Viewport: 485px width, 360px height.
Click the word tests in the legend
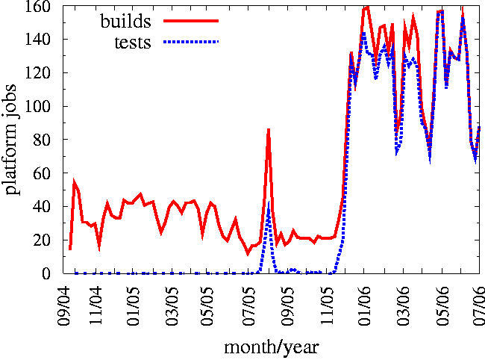click(132, 42)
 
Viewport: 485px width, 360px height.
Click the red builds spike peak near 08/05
click(269, 130)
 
